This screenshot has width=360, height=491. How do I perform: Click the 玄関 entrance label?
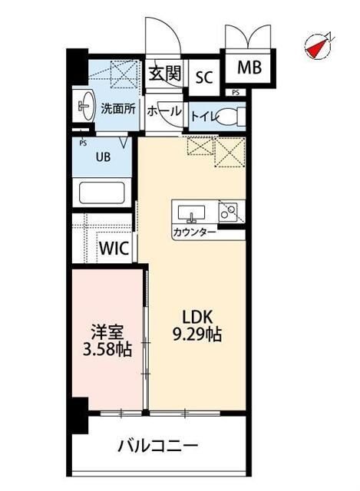[164, 74]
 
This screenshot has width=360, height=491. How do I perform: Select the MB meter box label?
[248, 68]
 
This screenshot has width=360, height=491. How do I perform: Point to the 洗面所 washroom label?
[118, 109]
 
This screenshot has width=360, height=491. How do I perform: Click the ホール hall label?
[164, 111]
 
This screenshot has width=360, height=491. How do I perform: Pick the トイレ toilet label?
[203, 116]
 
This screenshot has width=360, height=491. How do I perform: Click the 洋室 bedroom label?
[106, 334]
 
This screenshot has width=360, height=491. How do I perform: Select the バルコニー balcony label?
[159, 446]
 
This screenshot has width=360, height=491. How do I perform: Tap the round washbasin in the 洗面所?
[81, 107]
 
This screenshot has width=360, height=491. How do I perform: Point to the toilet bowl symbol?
[229, 117]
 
